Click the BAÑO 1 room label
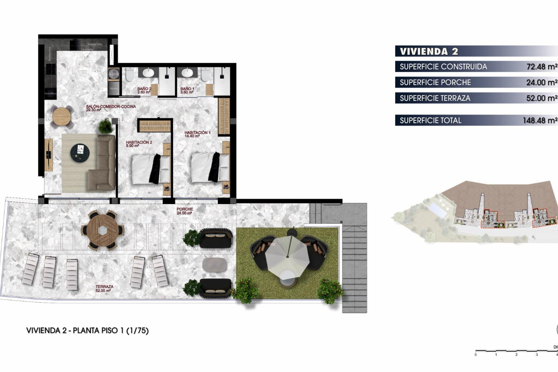(x=187, y=90)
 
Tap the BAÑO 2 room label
(x=144, y=90)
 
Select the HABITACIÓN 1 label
(x=197, y=134)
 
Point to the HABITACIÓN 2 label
(x=139, y=144)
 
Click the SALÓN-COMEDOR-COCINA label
(x=111, y=108)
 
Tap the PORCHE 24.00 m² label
(x=185, y=211)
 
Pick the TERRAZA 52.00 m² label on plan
(x=104, y=288)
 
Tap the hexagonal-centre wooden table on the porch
(x=103, y=230)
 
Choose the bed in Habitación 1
(x=210, y=168)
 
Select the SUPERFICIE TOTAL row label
(x=430, y=120)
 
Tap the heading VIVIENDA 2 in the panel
(x=429, y=51)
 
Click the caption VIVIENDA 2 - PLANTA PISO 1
(x=87, y=330)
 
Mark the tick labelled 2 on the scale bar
(x=516, y=354)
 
